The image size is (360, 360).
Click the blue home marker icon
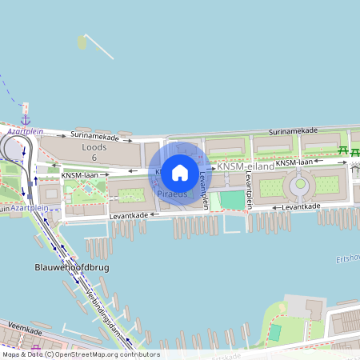180,172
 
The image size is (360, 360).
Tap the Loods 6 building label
94,153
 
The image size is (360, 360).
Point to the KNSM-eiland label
246,166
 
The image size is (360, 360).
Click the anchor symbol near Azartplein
26,119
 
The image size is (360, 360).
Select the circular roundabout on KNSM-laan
300,187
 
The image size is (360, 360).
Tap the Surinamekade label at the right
293,130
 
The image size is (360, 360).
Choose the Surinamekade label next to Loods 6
95,136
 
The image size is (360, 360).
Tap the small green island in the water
82,42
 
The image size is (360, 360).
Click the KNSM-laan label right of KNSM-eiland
295,162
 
